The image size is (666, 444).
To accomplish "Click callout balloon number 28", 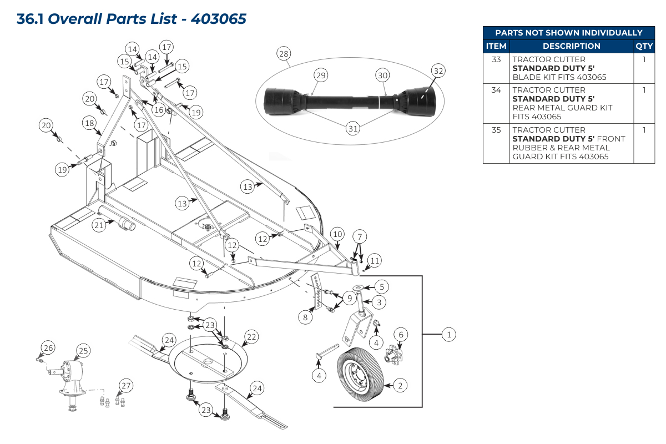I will pos(284,54).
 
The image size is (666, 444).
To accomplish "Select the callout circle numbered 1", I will pos(448,334).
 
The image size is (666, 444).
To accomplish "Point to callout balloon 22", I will pos(251,336).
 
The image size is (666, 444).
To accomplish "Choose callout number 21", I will pos(99,225).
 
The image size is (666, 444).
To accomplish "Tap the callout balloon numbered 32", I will pos(438,70).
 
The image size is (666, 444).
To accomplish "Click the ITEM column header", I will pos(496,47).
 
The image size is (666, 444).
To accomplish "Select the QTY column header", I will pos(644,47).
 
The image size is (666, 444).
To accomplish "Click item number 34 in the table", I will pos(496,90).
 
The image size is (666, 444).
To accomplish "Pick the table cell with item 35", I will pos(496,130).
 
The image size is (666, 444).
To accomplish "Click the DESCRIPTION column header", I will pos(571,47).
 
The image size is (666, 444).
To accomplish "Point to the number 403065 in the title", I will pos(218,19).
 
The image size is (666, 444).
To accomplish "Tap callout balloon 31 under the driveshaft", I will pos(353,128).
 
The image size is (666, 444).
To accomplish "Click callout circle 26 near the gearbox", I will pos(49,348).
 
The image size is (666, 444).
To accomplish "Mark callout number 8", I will pos(305,317).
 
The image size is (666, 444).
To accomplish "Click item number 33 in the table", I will pos(496,59).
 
